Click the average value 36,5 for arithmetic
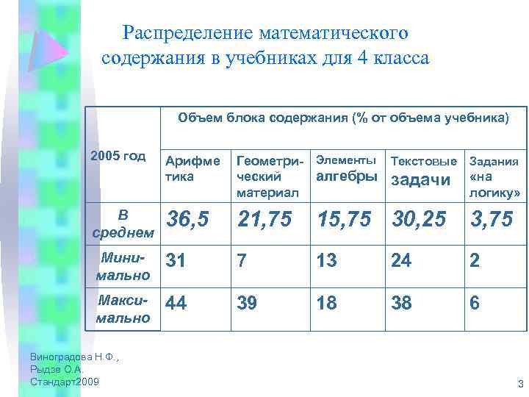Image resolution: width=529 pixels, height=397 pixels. click(188, 219)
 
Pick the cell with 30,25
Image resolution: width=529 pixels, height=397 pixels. click(420, 219)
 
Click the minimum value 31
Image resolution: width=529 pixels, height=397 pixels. click(176, 262)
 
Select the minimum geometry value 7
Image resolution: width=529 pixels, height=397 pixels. click(241, 262)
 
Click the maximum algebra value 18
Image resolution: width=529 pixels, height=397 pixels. click(326, 303)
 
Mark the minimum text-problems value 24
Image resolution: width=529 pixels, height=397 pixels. click(402, 262)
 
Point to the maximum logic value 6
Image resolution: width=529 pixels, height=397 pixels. click(475, 303)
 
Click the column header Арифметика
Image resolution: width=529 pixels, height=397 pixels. click(191, 169)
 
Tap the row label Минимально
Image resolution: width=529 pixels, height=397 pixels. click(123, 268)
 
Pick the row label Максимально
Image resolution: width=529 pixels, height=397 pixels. click(121, 310)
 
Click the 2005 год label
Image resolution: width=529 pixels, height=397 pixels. click(118, 156)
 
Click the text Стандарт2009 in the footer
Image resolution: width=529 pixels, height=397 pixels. click(65, 382)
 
